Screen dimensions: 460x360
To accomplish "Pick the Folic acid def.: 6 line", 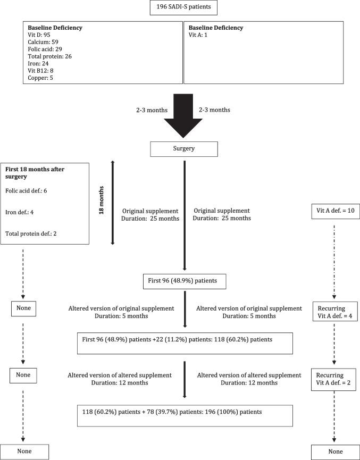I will click(x=31, y=190).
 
